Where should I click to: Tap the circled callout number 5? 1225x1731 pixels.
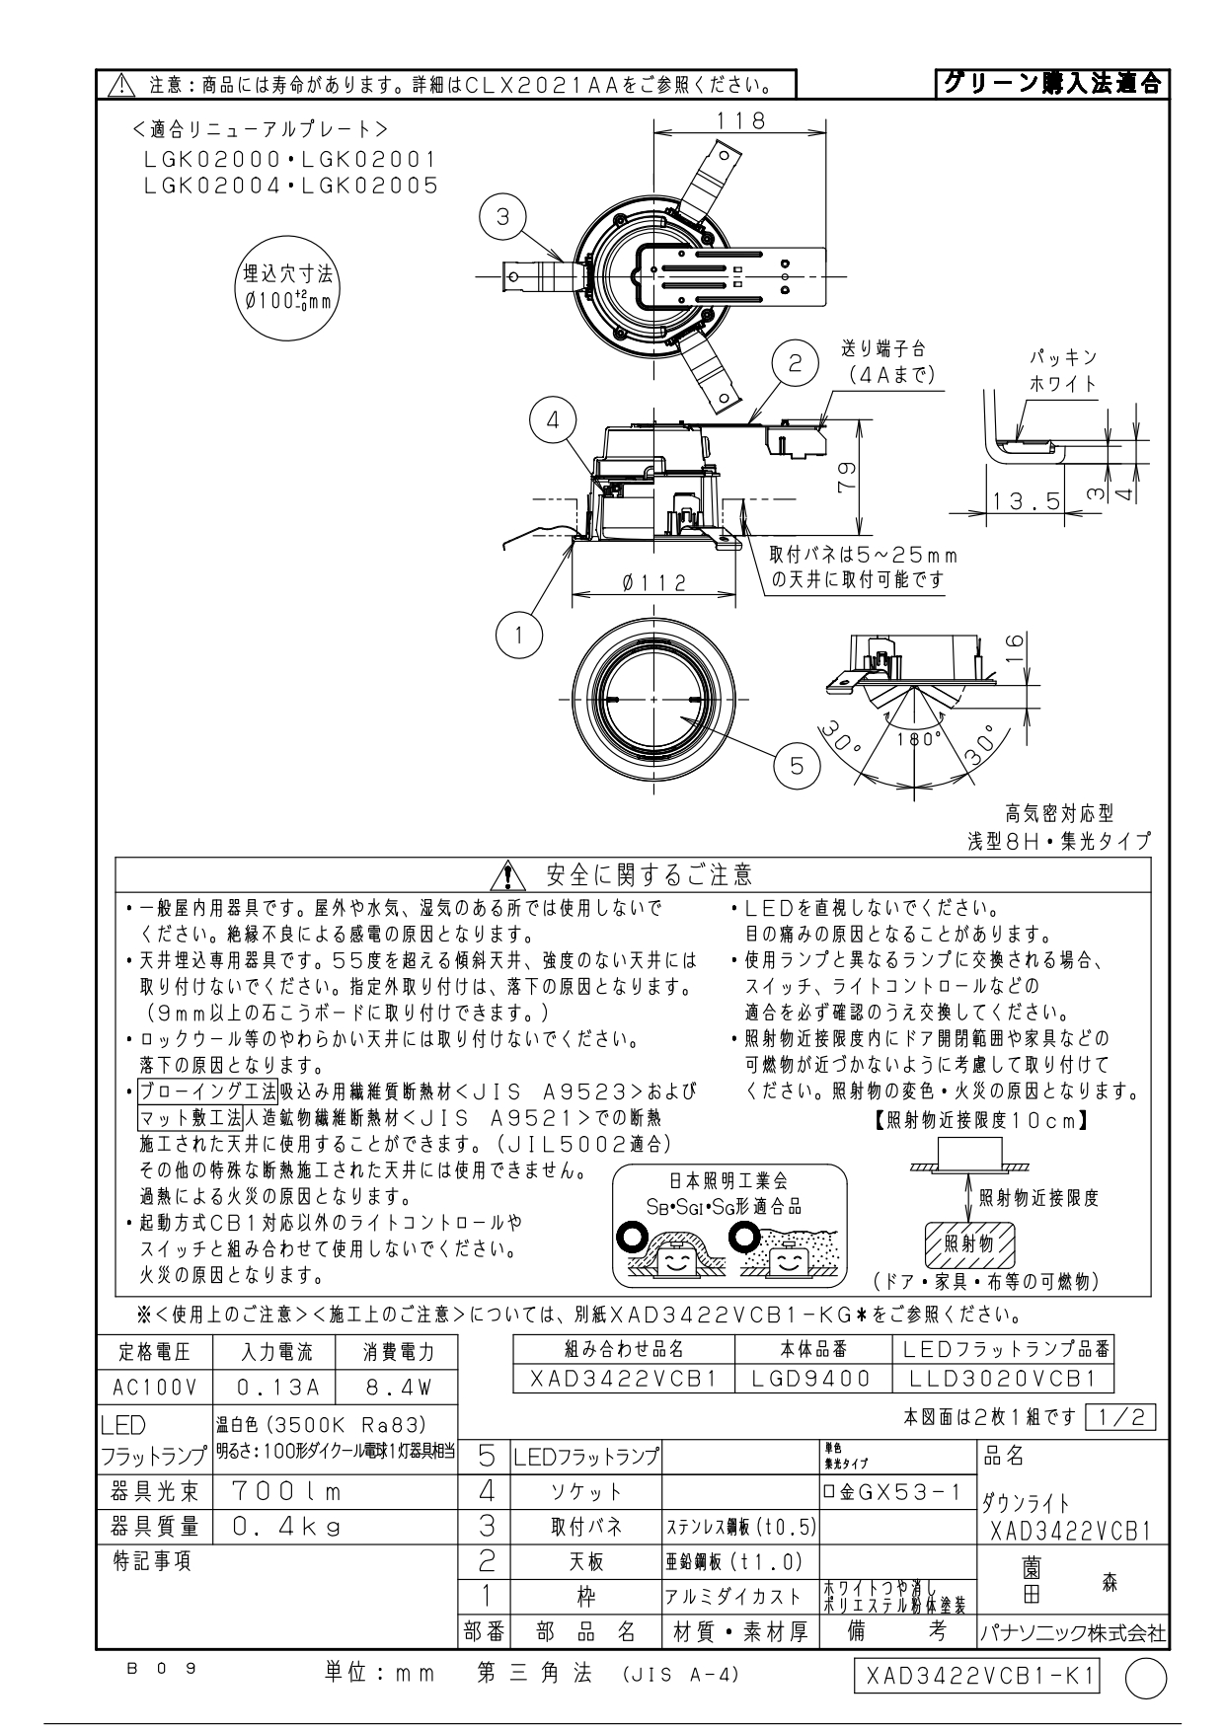coord(797,765)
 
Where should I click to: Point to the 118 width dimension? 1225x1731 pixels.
coord(741,120)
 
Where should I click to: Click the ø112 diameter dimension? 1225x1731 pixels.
coord(653,583)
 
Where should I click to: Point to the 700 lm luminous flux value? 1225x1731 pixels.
coord(287,1489)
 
